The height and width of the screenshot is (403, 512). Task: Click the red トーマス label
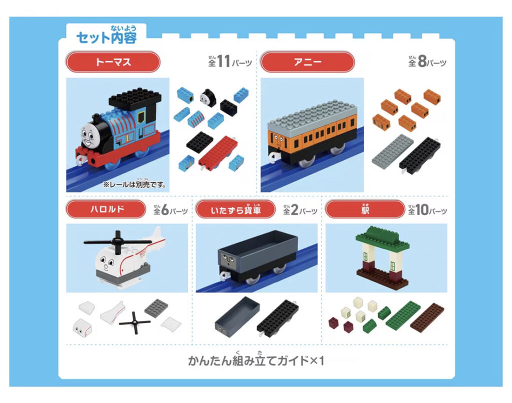[113, 62]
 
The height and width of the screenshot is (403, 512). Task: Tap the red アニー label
[307, 62]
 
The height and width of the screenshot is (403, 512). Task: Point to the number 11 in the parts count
[223, 62]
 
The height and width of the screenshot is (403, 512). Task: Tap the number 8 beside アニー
[421, 62]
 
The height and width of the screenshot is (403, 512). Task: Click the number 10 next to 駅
[421, 210]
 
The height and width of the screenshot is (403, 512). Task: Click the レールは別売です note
[134, 184]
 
